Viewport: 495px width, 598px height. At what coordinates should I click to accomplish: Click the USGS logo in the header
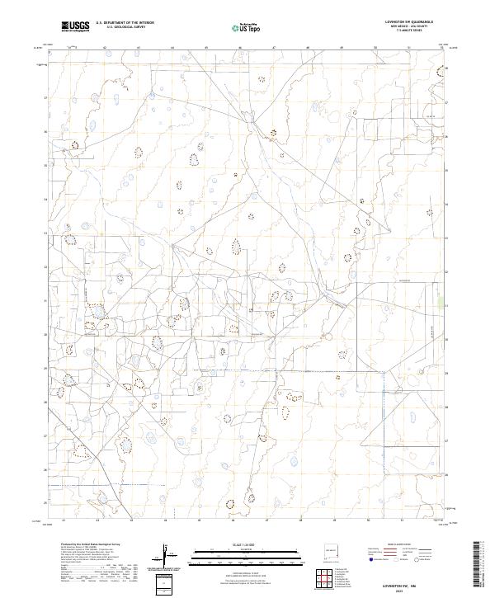click(76, 26)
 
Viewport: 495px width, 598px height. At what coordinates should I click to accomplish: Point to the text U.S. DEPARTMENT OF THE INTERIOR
click(125, 23)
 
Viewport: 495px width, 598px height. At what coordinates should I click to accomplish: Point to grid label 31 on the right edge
click(446, 306)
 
